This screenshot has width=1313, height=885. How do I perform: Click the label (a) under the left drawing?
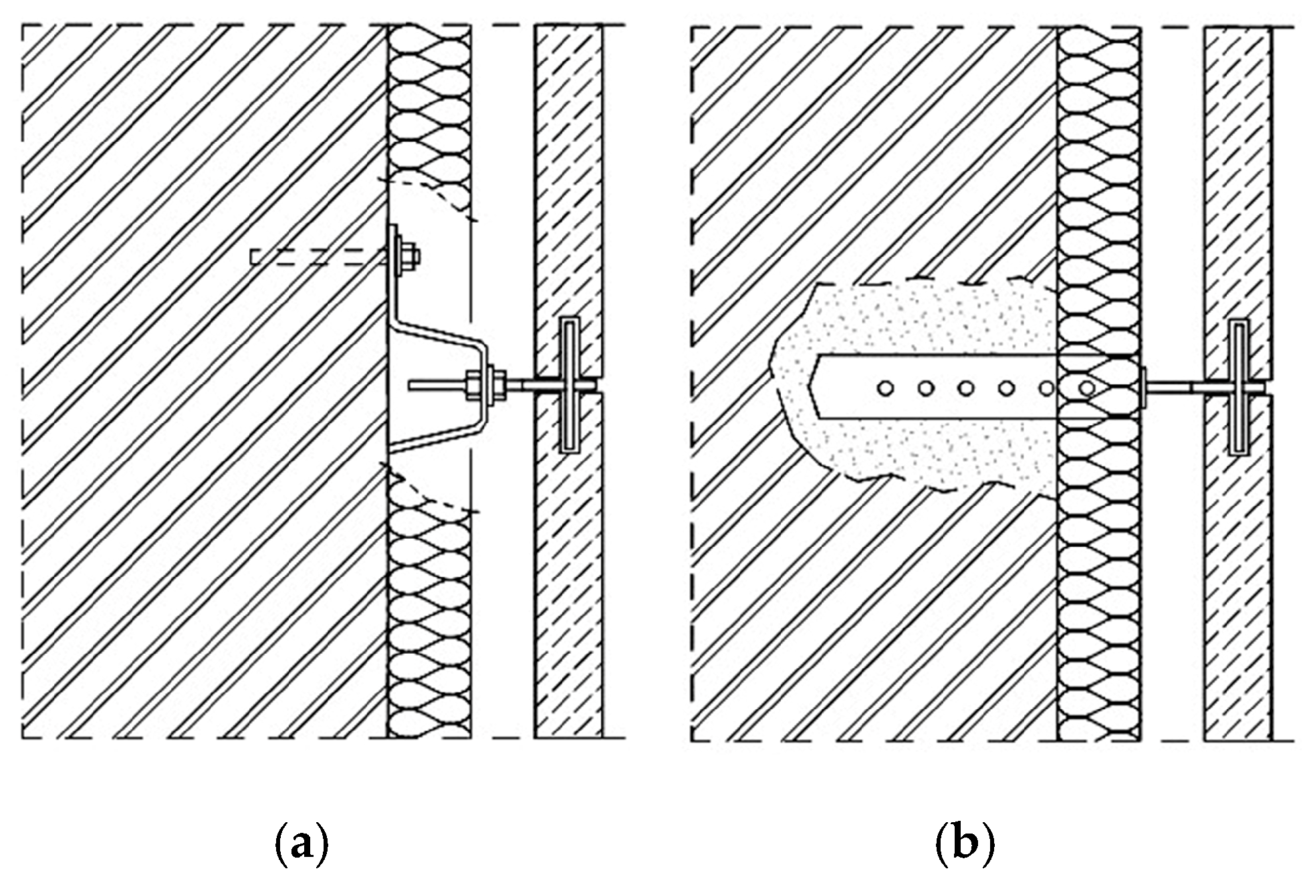coord(302,845)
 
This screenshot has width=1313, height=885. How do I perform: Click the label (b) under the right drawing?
coord(964,845)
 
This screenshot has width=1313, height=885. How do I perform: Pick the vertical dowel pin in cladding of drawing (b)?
coord(1240,386)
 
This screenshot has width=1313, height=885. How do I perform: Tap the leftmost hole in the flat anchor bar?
coord(886,387)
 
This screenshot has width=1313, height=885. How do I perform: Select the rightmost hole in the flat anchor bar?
coord(1087,387)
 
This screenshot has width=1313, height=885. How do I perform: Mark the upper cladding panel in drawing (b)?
coord(1237,167)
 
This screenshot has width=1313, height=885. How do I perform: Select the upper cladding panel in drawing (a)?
coord(568,167)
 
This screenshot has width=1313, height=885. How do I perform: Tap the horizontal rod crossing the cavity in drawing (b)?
coord(1177,386)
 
